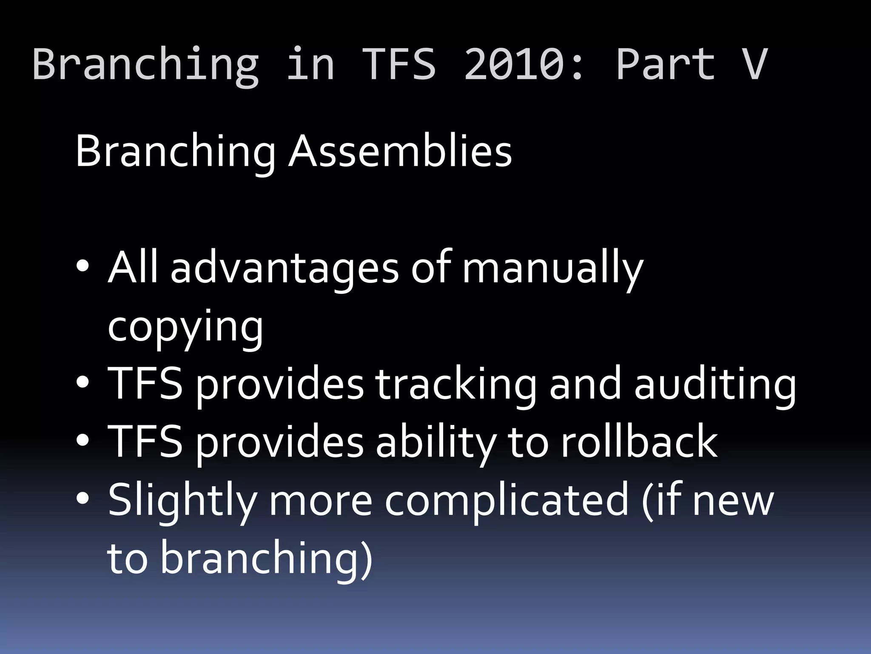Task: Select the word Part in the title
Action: (x=665, y=64)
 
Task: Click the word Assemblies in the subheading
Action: (x=400, y=151)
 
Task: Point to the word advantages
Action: (x=284, y=268)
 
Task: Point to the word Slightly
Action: (x=182, y=500)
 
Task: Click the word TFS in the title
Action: (x=400, y=64)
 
